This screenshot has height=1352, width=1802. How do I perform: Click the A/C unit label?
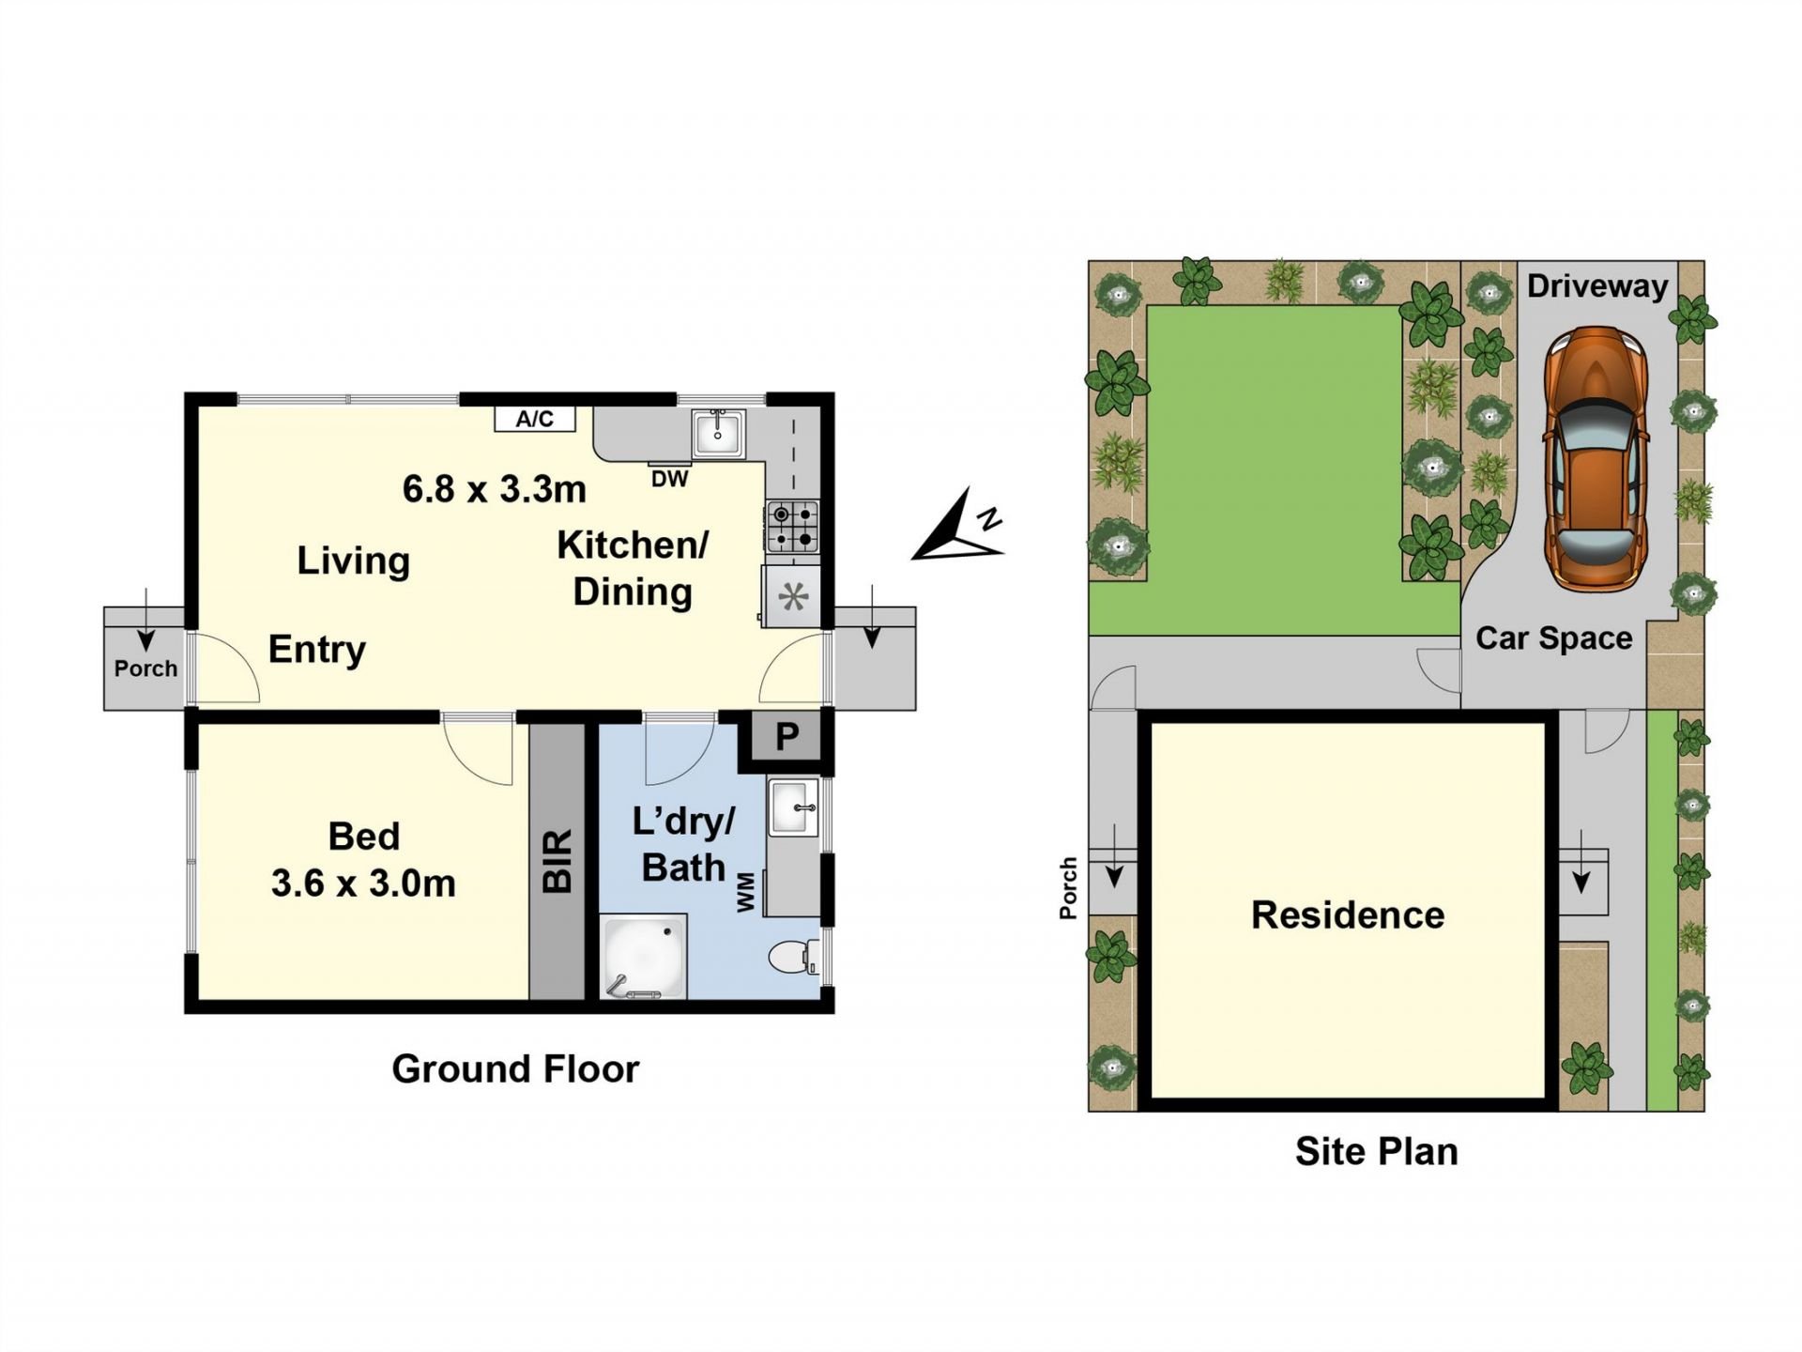click(x=534, y=419)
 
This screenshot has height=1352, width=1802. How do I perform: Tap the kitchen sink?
click(x=718, y=434)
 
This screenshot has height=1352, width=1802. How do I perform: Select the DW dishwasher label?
click(x=669, y=479)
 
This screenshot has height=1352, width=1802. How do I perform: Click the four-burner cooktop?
click(x=793, y=527)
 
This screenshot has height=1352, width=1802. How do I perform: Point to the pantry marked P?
click(x=786, y=737)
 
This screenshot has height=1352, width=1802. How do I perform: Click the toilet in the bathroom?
click(x=794, y=958)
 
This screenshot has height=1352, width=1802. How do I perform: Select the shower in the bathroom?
click(x=644, y=956)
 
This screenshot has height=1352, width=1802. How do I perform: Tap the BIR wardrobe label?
click(x=557, y=860)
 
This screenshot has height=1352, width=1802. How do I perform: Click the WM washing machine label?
click(x=747, y=892)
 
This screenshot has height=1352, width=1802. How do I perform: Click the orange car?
click(x=1596, y=458)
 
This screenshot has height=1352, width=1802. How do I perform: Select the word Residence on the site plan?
click(x=1348, y=915)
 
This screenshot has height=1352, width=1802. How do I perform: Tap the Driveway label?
click(x=1597, y=285)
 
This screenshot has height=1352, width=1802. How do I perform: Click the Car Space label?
click(x=1554, y=638)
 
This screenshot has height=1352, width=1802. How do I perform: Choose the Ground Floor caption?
click(x=515, y=1068)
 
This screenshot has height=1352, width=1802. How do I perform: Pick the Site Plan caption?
click(x=1377, y=1151)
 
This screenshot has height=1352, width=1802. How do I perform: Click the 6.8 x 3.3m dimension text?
click(x=495, y=489)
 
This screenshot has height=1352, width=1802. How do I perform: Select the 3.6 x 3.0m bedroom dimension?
click(x=363, y=883)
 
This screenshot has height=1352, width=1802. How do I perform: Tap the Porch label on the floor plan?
click(x=145, y=668)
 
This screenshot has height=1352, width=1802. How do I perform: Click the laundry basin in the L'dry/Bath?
click(x=793, y=807)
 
